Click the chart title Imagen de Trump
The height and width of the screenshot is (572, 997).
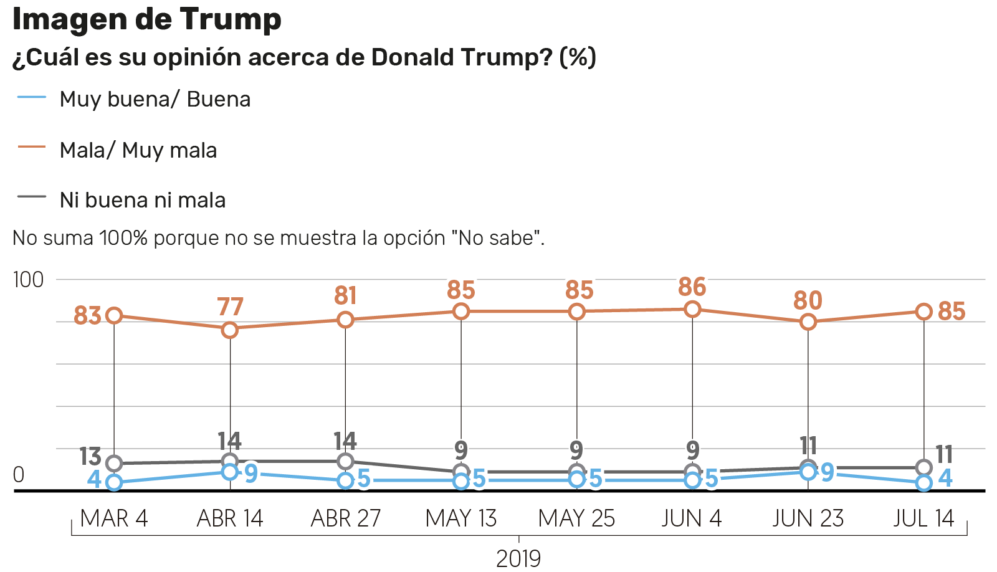[x=147, y=19]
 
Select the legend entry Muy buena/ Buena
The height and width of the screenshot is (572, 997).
[x=155, y=99]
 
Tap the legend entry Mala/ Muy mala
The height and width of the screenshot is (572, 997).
[x=138, y=150]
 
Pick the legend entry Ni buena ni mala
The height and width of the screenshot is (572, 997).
[x=142, y=200]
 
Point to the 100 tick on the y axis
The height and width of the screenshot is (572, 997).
[x=29, y=280]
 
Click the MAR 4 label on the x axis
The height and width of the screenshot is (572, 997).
[x=114, y=518]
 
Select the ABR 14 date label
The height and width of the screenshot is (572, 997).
[x=230, y=518]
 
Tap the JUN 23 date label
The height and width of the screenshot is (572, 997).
[x=808, y=518]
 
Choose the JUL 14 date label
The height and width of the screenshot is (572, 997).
[x=923, y=518]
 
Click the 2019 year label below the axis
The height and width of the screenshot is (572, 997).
[x=518, y=558]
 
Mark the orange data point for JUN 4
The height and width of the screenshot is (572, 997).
[x=692, y=309]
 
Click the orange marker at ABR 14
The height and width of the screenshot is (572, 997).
[x=230, y=330]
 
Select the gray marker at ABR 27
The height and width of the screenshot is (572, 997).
[x=345, y=461]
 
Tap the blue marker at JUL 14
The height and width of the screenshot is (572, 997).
[x=924, y=483]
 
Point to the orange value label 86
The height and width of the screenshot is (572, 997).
[x=692, y=287]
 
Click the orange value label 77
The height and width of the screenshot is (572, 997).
[x=230, y=307]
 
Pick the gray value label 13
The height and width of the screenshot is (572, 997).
[x=90, y=457]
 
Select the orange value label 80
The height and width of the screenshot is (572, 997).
[x=808, y=301]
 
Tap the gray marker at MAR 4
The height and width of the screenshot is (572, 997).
[x=114, y=464]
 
